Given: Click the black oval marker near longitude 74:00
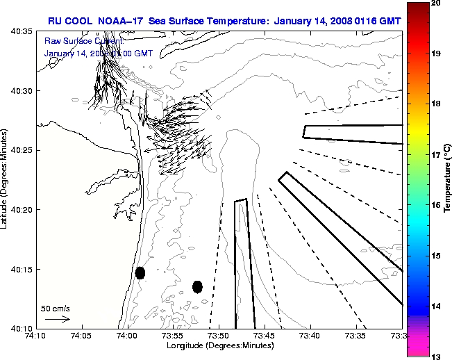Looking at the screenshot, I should (x=140, y=273).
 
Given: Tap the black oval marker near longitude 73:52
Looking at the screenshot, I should (x=197, y=286).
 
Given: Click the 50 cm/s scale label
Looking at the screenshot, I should (x=55, y=308).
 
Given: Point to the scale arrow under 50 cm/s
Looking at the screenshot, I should (x=57, y=319).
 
